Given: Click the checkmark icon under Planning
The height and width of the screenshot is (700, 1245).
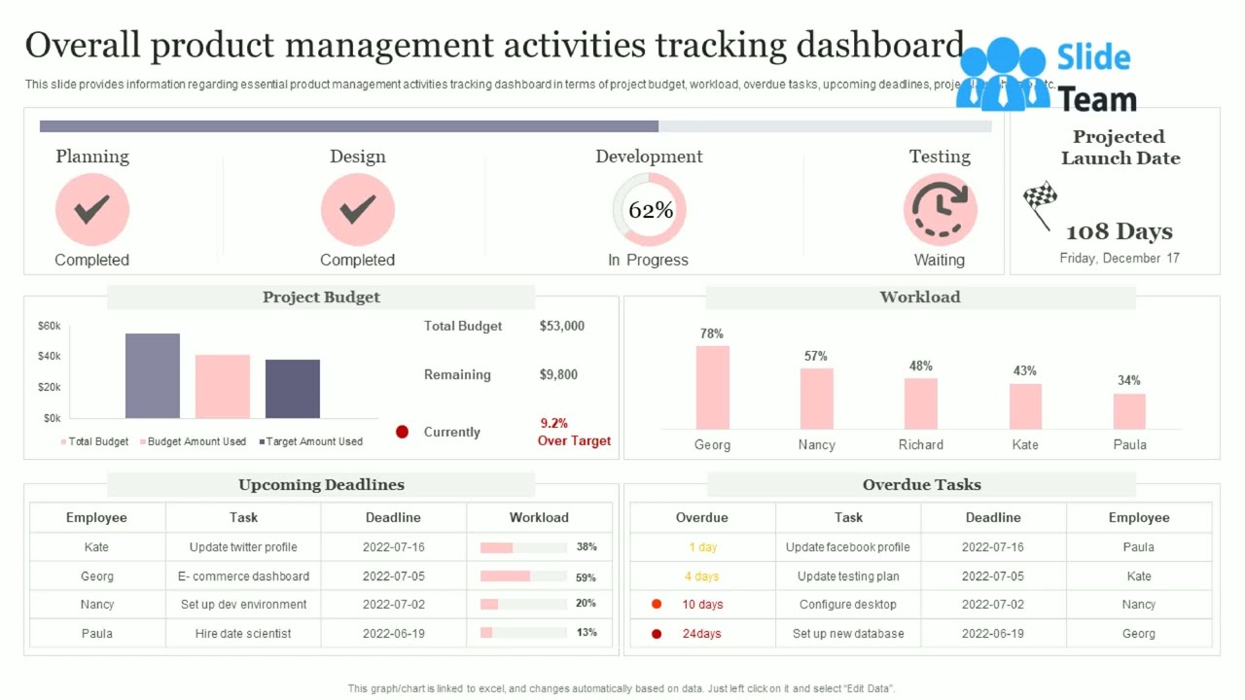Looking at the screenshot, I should (91, 209).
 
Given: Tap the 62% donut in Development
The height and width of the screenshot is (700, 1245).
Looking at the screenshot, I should (650, 209).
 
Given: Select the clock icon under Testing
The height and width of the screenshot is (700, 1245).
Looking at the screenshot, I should (940, 209).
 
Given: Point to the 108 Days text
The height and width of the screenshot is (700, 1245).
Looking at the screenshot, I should (1119, 231).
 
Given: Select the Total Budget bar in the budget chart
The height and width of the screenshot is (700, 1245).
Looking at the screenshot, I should (153, 375).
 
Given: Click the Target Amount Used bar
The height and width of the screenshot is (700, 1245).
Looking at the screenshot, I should (293, 389).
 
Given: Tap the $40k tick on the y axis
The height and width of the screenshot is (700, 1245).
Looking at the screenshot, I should (50, 357).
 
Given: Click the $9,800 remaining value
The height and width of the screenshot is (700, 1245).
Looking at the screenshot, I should (558, 374).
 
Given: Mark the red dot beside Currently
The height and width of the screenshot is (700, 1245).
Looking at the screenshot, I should (402, 432).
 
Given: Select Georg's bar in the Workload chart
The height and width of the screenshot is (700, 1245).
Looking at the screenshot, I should (712, 387).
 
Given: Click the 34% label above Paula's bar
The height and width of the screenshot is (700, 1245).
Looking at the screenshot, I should (1128, 380).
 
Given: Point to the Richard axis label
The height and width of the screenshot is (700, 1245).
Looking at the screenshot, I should (920, 444).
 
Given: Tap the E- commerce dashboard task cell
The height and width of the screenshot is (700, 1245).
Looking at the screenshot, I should (243, 576).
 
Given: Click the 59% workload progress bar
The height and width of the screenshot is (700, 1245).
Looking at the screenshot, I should (523, 576).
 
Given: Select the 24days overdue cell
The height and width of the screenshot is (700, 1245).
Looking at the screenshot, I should (701, 633).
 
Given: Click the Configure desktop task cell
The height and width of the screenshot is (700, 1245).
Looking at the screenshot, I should (848, 604).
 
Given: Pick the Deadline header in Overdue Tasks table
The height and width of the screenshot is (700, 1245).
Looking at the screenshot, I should (992, 517).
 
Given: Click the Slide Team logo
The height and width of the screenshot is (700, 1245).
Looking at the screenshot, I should (1049, 76).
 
